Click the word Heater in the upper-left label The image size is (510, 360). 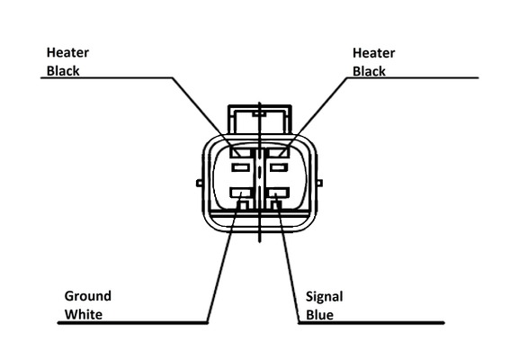(67, 52)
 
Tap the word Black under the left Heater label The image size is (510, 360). (63, 71)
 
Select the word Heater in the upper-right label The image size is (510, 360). (373, 53)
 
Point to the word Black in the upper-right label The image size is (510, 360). (369, 72)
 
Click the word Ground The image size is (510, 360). (88, 296)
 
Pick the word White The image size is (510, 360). (84, 315)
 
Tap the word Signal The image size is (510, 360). (325, 297)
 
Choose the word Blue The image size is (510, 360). (319, 315)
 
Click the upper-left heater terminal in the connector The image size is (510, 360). (241, 152)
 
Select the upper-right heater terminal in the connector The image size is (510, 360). (277, 152)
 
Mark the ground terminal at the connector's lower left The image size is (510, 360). (241, 193)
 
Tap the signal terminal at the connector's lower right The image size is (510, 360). (277, 193)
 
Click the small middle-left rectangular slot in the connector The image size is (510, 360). (241, 167)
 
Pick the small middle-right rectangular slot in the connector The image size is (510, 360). (279, 167)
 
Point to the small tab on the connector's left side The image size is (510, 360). (200, 184)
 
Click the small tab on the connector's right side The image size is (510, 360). (319, 184)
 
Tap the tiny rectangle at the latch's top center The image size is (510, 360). (259, 114)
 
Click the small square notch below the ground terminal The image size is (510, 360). (243, 205)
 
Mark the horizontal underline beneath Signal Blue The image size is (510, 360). (371, 323)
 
